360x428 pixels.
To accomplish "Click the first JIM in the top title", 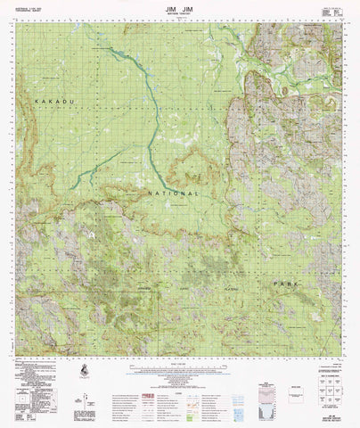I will (x=167, y=6).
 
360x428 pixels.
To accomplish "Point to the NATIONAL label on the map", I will (x=168, y=192).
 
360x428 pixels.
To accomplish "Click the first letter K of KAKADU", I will (x=36, y=104).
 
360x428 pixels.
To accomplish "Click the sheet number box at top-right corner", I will (x=333, y=10).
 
